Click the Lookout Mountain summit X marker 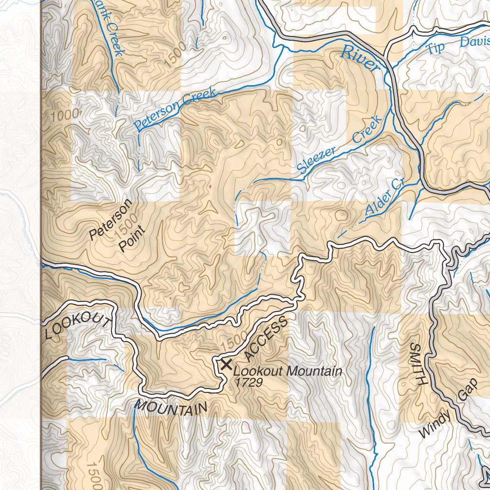pos(225,365)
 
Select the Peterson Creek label pos(175,110)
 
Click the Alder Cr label pos(385,197)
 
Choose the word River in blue pos(360,59)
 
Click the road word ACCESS pos(266,339)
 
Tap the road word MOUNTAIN pos(171,407)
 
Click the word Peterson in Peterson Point pos(111,220)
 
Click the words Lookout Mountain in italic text pos(288,371)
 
